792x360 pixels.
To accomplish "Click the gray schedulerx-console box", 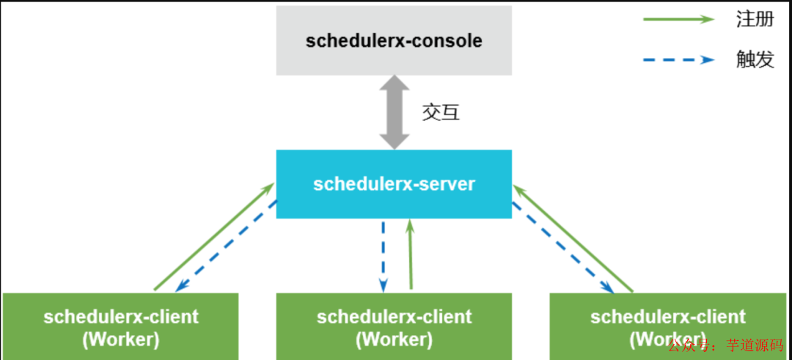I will [x=394, y=40].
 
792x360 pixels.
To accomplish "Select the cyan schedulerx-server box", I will [x=394, y=183].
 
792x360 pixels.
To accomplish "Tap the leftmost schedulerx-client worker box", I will [x=121, y=326].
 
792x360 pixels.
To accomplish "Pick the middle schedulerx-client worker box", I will [x=394, y=326].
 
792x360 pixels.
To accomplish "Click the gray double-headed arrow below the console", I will [x=395, y=111].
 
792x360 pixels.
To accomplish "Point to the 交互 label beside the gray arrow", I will [x=441, y=112].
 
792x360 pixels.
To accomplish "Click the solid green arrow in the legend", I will [x=678, y=20].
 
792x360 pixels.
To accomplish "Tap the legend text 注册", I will [x=755, y=20].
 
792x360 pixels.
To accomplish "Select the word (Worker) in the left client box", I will [x=121, y=339].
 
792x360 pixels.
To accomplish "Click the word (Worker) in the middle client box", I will [x=394, y=339].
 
